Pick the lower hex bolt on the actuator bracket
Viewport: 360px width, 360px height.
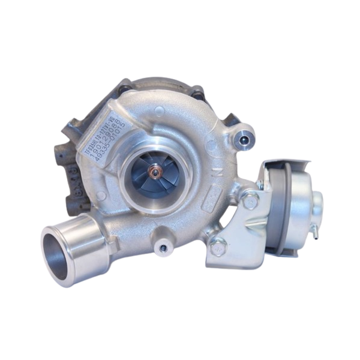pos(218,246)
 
